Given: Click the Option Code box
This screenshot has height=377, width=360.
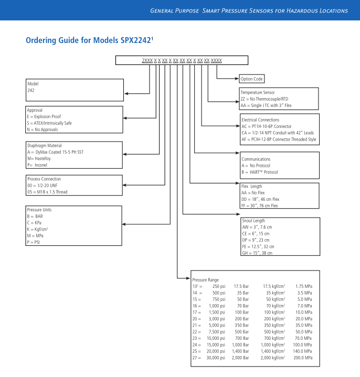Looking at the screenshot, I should (251, 79).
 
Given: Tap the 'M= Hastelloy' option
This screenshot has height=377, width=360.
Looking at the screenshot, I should (40, 158).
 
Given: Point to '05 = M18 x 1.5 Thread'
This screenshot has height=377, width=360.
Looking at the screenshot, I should (47, 192).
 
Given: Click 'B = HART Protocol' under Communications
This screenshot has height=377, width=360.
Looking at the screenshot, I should (260, 172).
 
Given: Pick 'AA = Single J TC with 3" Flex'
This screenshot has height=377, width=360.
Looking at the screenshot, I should (266, 105).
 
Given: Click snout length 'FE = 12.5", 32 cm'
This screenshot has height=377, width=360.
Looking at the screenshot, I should (258, 246).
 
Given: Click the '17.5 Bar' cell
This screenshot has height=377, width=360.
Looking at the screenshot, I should (241, 286).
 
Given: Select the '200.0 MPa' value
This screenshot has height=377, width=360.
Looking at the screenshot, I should (302, 358).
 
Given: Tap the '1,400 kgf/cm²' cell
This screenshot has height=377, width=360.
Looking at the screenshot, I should (274, 351).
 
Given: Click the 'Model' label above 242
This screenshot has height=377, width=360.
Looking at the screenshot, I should (33, 84).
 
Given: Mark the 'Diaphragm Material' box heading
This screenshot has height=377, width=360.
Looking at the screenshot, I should (44, 146).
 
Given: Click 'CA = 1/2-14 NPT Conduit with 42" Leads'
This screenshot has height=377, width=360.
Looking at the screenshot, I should (279, 133).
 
